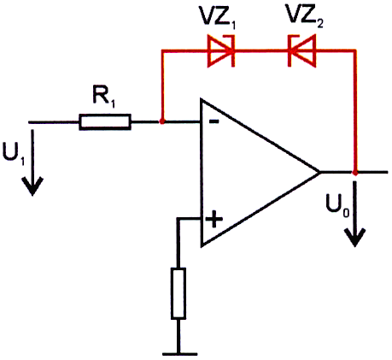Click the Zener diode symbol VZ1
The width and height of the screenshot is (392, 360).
(x=221, y=51)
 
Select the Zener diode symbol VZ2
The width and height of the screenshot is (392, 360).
(x=301, y=51)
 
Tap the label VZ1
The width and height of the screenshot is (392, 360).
(x=218, y=18)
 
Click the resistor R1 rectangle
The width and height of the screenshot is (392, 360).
(x=105, y=122)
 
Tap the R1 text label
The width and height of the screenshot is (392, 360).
(x=103, y=97)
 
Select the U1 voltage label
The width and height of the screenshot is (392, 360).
(x=14, y=153)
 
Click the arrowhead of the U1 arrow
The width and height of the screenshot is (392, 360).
(x=32, y=186)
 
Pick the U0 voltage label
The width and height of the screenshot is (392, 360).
(x=337, y=205)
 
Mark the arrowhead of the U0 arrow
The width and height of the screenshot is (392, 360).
(x=354, y=237)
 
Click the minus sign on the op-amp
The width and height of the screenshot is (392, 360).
(x=214, y=121)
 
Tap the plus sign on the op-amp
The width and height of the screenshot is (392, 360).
(x=214, y=219)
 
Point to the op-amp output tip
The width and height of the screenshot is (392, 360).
(x=320, y=172)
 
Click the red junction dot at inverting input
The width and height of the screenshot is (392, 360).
(x=162, y=121)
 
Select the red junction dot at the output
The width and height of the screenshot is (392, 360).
(x=355, y=173)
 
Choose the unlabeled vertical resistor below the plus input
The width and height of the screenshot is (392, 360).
(x=178, y=293)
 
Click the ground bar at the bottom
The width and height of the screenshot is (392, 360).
(x=180, y=354)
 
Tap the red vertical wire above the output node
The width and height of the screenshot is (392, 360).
(x=355, y=111)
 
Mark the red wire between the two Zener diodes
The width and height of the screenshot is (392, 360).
(x=261, y=51)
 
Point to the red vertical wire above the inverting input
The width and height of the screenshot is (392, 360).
(x=162, y=86)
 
